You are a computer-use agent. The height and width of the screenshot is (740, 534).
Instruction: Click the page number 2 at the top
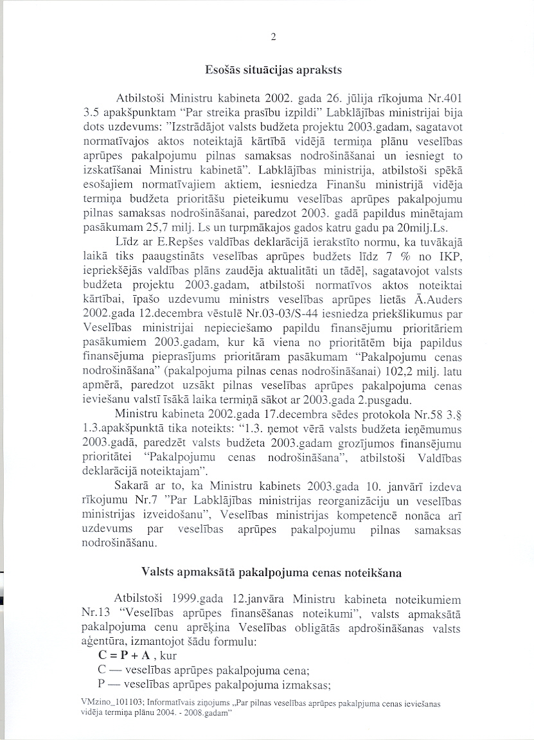pos(273,37)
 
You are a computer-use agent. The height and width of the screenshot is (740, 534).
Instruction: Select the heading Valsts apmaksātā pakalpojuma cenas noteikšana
pos(273,570)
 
